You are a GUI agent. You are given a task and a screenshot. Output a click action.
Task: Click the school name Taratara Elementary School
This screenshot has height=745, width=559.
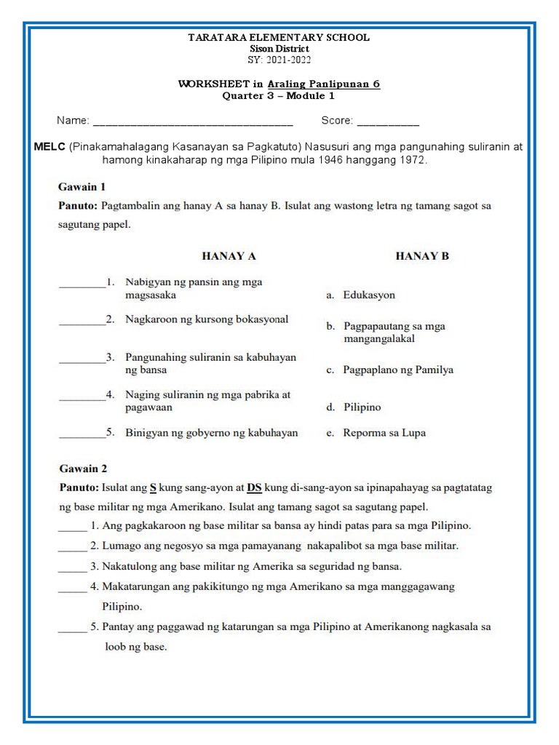(279, 37)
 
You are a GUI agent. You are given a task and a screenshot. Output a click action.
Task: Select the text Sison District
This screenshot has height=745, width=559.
(279, 48)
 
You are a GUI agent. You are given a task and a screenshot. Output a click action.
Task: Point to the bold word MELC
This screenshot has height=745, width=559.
(49, 147)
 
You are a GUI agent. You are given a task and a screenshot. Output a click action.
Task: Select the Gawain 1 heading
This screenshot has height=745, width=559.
(82, 186)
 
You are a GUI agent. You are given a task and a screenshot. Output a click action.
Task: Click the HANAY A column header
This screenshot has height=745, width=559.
(229, 256)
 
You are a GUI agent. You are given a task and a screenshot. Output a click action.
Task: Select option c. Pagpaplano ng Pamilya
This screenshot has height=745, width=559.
(389, 370)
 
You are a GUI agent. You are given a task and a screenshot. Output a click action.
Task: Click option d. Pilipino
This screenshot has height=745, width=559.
(354, 407)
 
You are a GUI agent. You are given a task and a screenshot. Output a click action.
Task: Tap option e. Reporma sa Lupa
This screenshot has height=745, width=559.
(376, 433)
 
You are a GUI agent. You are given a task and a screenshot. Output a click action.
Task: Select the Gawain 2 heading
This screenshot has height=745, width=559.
(82, 469)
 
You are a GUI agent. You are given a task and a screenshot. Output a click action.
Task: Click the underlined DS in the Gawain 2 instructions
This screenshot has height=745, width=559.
(254, 487)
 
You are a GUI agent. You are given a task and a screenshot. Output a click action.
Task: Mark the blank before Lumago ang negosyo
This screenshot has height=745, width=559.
(72, 546)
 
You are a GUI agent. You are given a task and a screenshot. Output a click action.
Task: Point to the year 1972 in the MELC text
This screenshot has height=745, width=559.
(412, 159)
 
